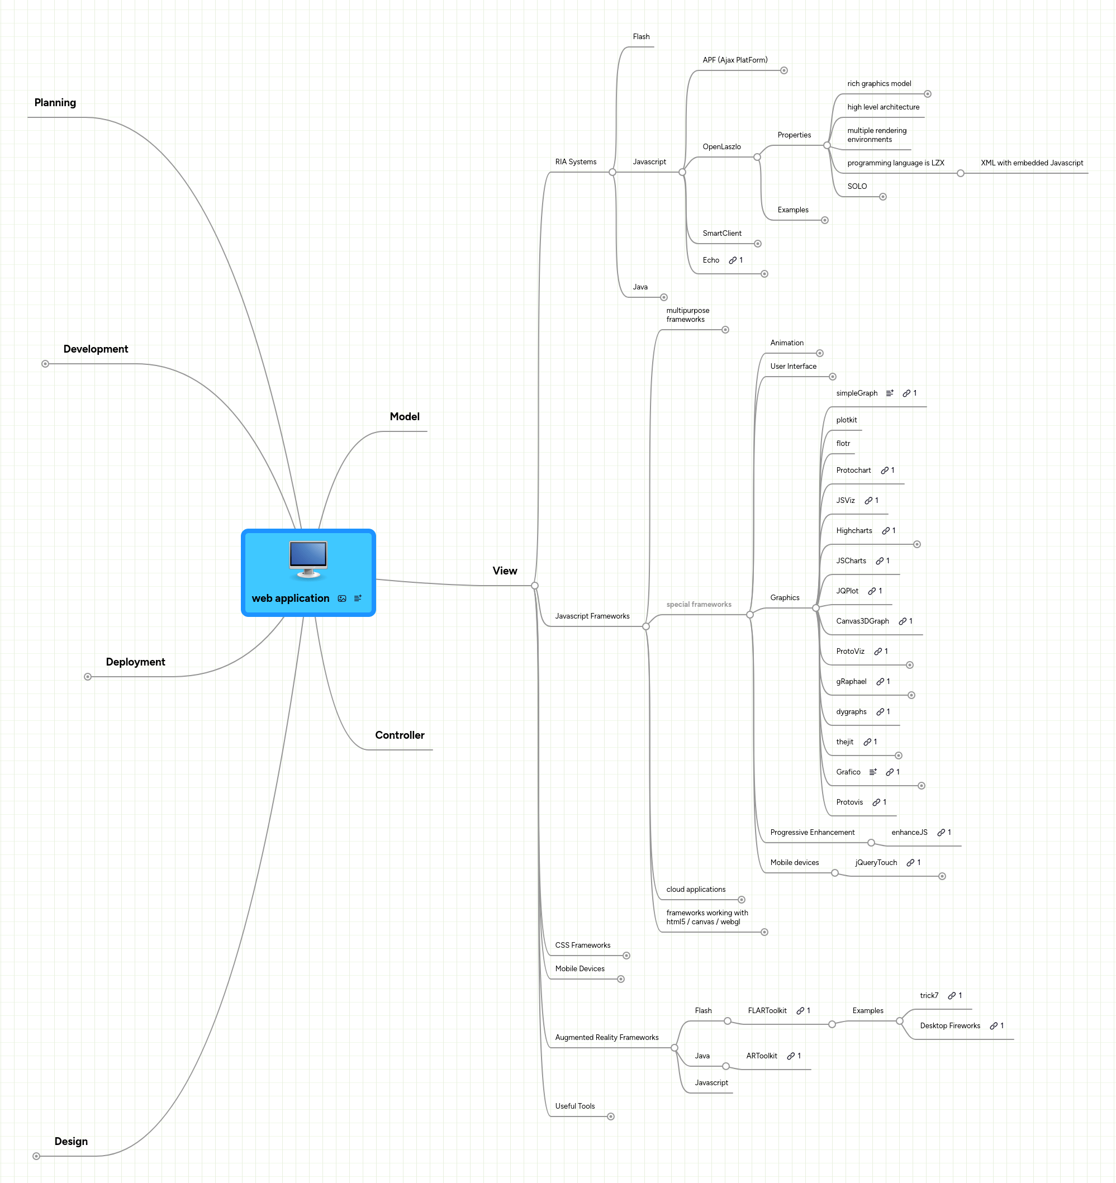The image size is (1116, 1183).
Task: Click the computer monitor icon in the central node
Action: click(308, 559)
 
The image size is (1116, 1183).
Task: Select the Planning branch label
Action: click(55, 102)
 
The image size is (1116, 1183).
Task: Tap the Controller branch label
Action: click(400, 735)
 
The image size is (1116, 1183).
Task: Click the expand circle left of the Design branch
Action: click(36, 1156)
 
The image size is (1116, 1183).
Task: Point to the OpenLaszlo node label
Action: click(721, 146)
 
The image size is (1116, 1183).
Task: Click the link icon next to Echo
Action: click(733, 260)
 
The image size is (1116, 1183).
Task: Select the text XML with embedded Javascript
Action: click(1032, 163)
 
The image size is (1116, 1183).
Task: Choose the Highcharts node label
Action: click(853, 530)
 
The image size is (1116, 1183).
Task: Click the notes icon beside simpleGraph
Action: click(889, 393)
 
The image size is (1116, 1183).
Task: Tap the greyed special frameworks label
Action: click(698, 604)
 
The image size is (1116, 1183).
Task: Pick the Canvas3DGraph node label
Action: click(862, 621)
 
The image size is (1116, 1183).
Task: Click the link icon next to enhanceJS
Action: click(941, 832)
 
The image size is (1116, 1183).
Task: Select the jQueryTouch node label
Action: click(876, 862)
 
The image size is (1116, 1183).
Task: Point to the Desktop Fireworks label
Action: click(949, 1025)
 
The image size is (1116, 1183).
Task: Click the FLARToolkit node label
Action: click(767, 1010)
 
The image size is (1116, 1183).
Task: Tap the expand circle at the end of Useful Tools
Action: click(611, 1117)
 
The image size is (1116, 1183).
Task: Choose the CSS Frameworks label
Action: click(582, 945)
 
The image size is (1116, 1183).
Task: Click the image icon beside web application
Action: click(341, 598)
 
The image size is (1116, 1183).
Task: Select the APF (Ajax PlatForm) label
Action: click(734, 59)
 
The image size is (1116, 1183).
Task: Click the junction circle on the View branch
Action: click(534, 586)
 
